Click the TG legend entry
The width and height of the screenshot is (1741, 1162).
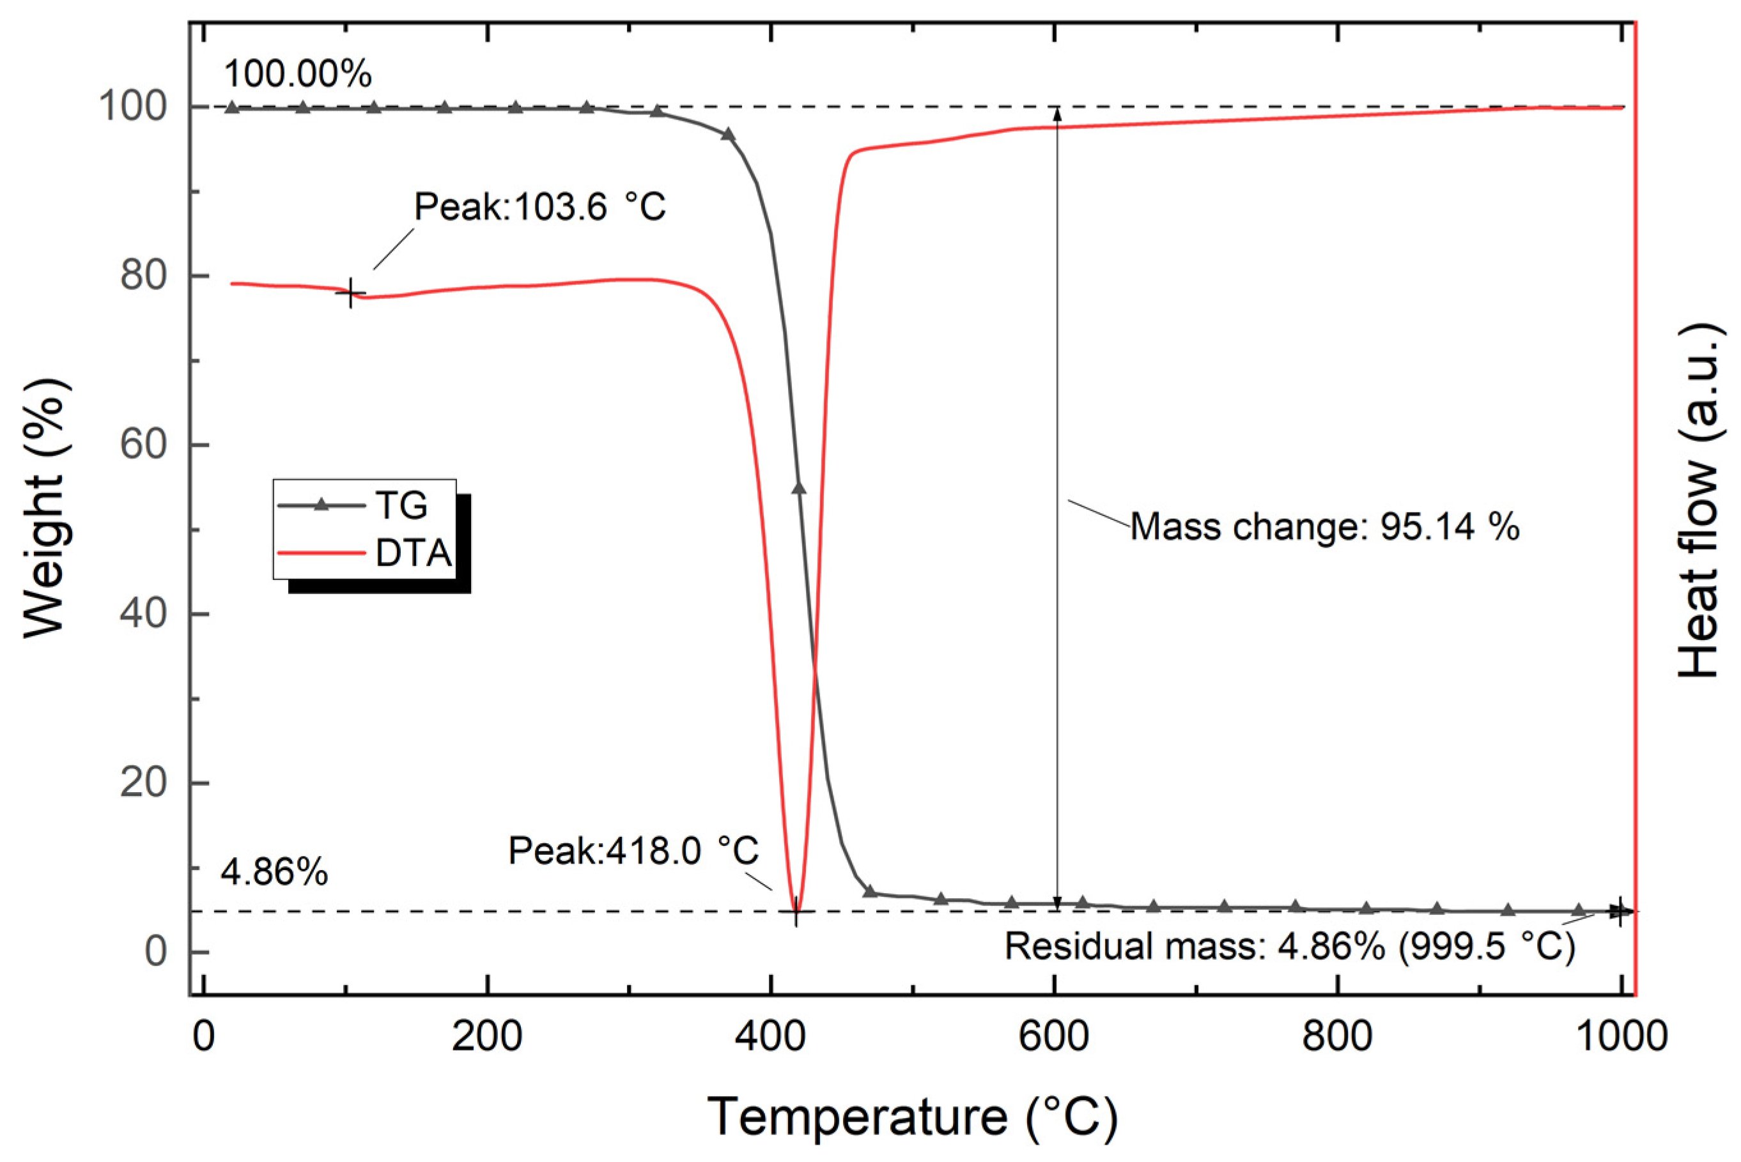tap(400, 506)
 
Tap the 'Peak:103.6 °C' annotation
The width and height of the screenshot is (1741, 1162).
tap(540, 207)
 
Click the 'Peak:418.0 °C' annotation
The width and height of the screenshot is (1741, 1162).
tap(633, 851)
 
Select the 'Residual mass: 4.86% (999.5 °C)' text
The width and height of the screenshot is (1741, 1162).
tap(1289, 947)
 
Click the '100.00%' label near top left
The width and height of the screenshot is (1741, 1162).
tap(297, 75)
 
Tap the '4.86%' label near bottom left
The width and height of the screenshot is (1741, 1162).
tap(274, 874)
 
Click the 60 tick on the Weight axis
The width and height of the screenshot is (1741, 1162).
tap(143, 445)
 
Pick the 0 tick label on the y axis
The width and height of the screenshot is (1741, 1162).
tap(156, 952)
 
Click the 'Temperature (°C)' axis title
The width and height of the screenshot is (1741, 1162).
tap(911, 1117)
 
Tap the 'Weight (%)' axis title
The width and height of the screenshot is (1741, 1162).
tap(45, 508)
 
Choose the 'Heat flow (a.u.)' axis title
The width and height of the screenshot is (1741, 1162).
tap(1698, 500)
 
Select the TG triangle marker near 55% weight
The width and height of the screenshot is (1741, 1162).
tap(798, 488)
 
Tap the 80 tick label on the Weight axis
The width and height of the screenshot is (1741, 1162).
tap(143, 277)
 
